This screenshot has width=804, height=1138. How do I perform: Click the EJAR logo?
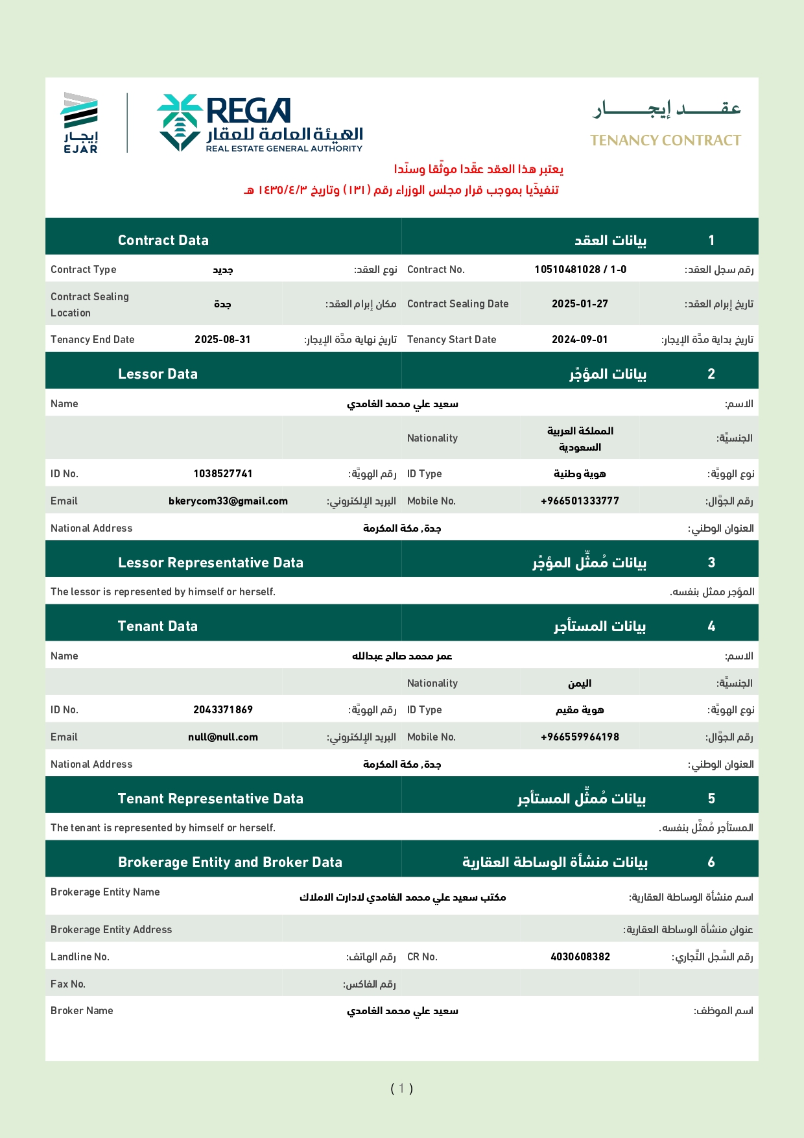click(80, 123)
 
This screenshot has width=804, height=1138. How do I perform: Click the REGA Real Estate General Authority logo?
click(260, 123)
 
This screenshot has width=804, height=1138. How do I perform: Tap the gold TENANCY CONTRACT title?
click(665, 141)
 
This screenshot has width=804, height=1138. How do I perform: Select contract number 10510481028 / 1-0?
click(580, 270)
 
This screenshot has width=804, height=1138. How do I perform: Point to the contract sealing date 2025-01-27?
click(580, 304)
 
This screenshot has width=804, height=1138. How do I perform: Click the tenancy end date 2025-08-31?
click(222, 340)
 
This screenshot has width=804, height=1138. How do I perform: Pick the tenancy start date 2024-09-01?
click(580, 340)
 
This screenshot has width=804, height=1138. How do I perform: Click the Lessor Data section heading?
click(158, 374)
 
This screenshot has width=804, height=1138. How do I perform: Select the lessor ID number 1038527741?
click(222, 474)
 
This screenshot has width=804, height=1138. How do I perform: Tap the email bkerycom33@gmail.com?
click(228, 501)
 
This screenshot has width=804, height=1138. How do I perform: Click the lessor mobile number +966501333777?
click(580, 501)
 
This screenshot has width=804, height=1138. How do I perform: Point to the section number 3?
click(711, 563)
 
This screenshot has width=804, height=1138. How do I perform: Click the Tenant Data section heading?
click(158, 626)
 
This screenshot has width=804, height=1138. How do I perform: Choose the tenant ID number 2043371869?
click(222, 710)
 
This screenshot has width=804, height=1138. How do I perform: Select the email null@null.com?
click(222, 737)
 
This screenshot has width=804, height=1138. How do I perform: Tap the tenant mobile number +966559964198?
click(580, 737)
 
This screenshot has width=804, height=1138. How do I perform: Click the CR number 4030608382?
click(580, 957)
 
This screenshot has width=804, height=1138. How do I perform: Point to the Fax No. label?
click(68, 984)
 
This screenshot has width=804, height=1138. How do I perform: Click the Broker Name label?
click(82, 1011)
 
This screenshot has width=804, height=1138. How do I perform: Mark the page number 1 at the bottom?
click(401, 1088)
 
